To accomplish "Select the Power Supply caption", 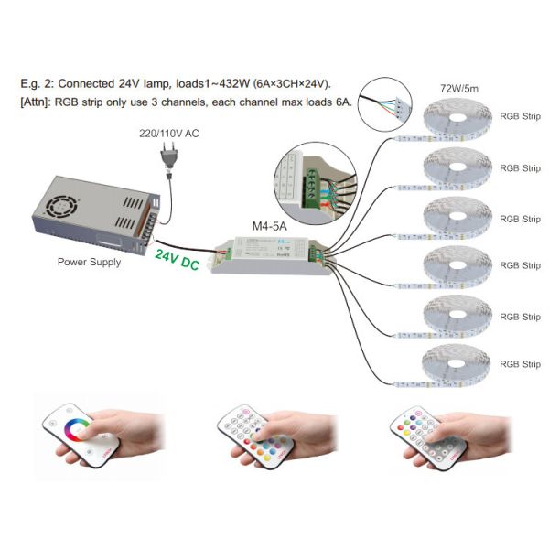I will click(90, 261).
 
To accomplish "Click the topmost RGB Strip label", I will click(520, 117).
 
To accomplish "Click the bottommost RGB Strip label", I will click(520, 365).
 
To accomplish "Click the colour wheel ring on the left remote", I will click(75, 427).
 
